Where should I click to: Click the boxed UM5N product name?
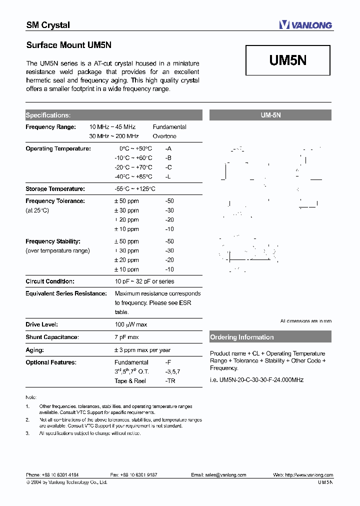(x=287, y=61)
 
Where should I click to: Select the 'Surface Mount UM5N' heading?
(x=68, y=45)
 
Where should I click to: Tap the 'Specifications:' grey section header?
(x=48, y=115)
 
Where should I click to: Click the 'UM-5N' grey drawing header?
(x=270, y=115)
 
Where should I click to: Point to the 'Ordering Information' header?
(x=242, y=337)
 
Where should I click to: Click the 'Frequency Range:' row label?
(x=50, y=127)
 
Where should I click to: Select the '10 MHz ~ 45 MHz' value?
(x=112, y=127)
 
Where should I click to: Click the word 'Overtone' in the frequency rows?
(x=164, y=136)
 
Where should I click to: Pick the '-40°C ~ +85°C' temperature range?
(x=133, y=176)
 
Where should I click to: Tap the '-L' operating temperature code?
(x=168, y=176)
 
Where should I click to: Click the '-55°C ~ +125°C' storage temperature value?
(x=135, y=189)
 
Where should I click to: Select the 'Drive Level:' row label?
(x=41, y=324)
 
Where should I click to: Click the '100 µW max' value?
(x=131, y=324)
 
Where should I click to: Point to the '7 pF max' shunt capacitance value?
(x=126, y=337)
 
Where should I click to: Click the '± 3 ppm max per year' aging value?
(x=142, y=350)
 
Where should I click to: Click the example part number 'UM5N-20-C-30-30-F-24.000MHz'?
(x=256, y=380)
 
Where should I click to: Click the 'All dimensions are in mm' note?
(x=305, y=321)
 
